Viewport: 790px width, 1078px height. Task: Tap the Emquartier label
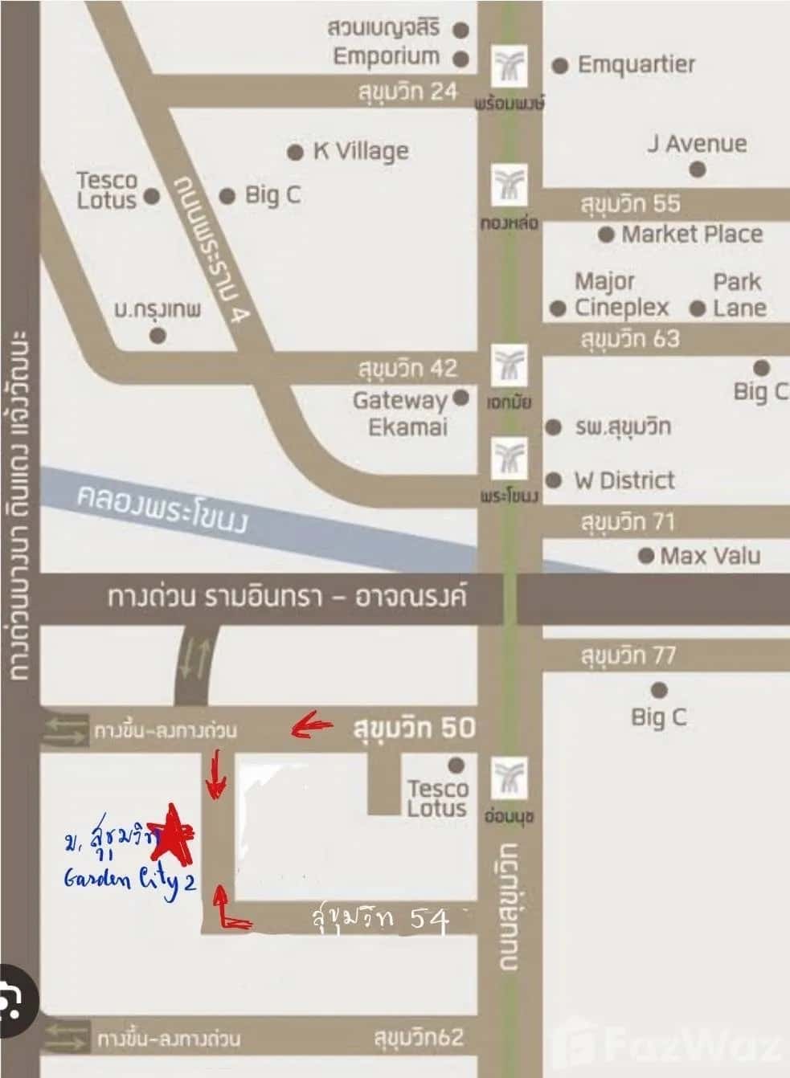(636, 64)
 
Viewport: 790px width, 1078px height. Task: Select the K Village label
(360, 150)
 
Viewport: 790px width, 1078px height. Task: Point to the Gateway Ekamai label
(399, 413)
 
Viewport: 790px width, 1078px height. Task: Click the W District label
(624, 480)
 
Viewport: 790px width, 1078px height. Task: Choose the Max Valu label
(710, 555)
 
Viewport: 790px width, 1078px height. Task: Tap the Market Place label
(691, 234)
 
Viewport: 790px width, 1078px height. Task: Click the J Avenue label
(697, 144)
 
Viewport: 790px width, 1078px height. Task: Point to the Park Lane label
(738, 295)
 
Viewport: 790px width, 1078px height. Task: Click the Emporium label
(387, 56)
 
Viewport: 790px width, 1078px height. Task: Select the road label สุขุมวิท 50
(413, 728)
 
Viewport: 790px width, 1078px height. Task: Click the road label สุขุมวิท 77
(628, 655)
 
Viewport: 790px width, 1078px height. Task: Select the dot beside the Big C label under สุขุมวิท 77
(659, 690)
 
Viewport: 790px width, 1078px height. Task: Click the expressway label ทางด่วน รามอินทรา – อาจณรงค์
(286, 598)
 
